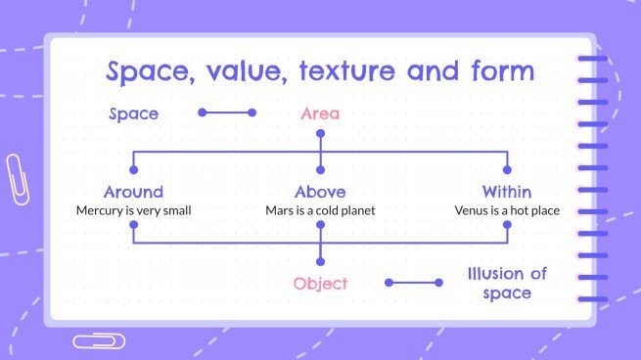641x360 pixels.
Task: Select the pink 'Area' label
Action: [320, 114]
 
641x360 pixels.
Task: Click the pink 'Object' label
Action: [320, 284]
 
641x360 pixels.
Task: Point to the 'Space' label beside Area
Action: [133, 114]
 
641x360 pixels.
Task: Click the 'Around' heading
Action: [133, 192]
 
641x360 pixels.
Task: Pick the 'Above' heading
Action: [320, 192]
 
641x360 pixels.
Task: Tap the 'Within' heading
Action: [507, 192]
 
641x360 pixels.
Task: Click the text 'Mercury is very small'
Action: [133, 209]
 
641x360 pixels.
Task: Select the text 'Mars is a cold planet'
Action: [320, 209]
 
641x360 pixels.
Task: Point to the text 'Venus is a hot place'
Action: [507, 209]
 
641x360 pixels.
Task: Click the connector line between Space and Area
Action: [227, 112]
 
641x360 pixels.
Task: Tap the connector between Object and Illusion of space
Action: [414, 283]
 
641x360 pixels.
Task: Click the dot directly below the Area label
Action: [320, 134]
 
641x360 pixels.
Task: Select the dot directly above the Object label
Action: [320, 261]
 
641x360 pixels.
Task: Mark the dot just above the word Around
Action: [133, 170]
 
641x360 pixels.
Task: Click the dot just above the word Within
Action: [507, 170]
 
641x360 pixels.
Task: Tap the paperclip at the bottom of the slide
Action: [99, 340]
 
